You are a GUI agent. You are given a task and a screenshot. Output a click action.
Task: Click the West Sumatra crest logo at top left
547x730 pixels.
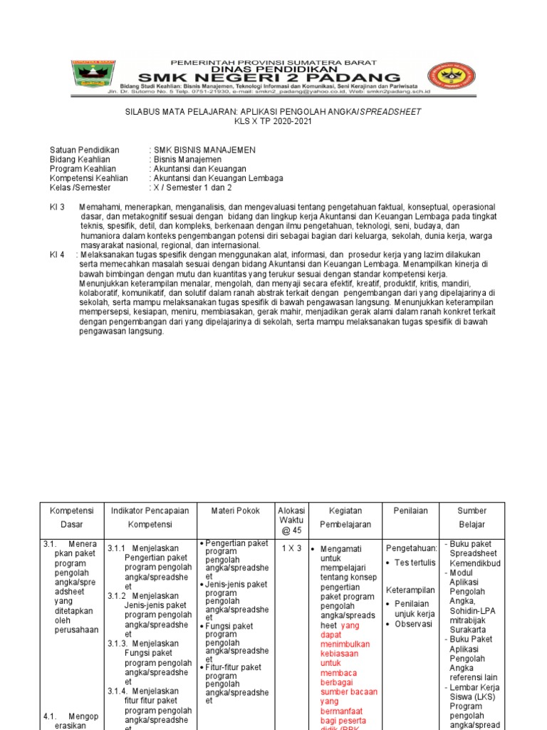point(93,74)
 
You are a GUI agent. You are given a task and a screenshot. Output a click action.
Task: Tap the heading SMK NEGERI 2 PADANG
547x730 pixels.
point(269,76)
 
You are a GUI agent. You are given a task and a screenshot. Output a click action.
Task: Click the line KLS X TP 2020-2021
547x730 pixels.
point(273,121)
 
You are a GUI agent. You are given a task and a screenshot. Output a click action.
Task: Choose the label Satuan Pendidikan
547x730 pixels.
point(84,150)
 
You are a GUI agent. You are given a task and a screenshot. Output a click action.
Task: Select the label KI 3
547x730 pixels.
point(57,207)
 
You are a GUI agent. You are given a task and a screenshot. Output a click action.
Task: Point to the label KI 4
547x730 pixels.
point(57,255)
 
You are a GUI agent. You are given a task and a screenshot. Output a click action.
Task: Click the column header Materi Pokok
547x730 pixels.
point(236,511)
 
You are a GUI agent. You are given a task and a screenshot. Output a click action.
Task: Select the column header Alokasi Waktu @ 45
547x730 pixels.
point(291,520)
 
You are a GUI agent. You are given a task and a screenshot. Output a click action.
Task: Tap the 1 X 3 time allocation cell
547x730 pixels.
point(291,548)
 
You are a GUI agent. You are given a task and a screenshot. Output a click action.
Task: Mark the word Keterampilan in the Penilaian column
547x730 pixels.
point(410,590)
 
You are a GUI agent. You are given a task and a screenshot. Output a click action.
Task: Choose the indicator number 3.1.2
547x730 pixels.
point(117,596)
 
